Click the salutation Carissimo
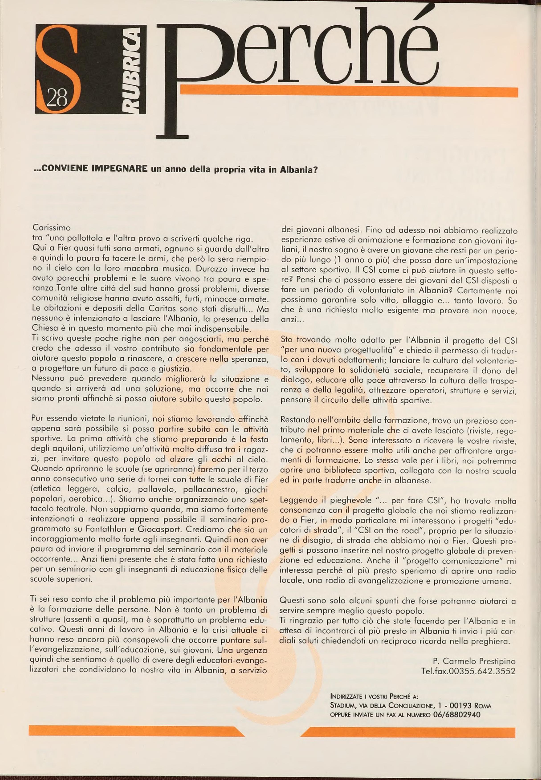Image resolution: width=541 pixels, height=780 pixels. pyautogui.click(x=51, y=227)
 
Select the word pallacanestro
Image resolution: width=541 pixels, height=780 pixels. pyautogui.click(x=209, y=489)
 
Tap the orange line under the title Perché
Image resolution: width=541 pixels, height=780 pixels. pyautogui.click(x=349, y=92)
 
